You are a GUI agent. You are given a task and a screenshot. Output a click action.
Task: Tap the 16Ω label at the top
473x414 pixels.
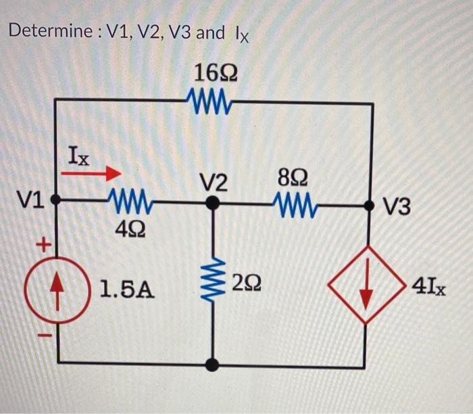point(214,73)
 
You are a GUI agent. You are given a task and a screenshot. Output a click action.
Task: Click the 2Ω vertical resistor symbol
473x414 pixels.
point(213,281)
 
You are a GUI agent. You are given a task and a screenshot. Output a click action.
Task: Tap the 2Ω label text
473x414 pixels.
point(245,282)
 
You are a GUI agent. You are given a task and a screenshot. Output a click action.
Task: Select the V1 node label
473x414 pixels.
point(30,200)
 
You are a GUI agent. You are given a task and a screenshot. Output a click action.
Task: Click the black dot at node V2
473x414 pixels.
point(213,202)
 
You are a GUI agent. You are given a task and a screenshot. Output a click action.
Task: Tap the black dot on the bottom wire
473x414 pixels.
point(213,365)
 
